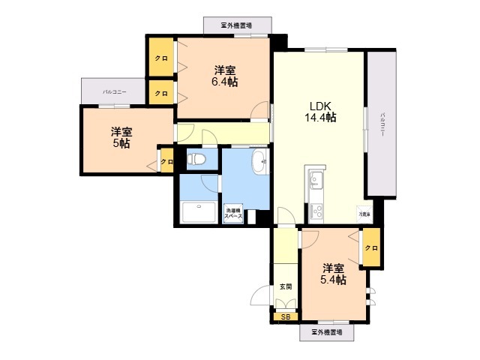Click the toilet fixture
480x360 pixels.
pyautogui.click(x=196, y=159)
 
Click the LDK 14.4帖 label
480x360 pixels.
pyautogui.click(x=319, y=112)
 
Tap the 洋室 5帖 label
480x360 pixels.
pyautogui.click(x=119, y=136)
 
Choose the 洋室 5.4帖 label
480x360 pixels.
pyautogui.click(x=334, y=274)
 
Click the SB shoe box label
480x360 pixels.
pyautogui.click(x=284, y=317)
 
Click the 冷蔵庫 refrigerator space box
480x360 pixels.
pyautogui.click(x=364, y=214)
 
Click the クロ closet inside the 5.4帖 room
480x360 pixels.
pyautogui.click(x=370, y=247)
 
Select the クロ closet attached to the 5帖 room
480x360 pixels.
pyautogui.click(x=166, y=160)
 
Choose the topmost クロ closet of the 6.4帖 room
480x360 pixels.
pyautogui.click(x=160, y=58)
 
